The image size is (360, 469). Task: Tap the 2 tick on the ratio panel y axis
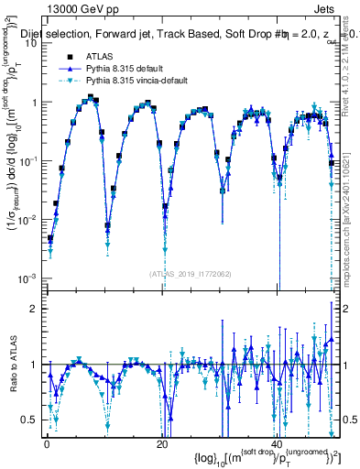[x=36, y=309]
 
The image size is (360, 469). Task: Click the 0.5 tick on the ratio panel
[x=32, y=420]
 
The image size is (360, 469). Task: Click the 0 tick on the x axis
[x=47, y=443]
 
